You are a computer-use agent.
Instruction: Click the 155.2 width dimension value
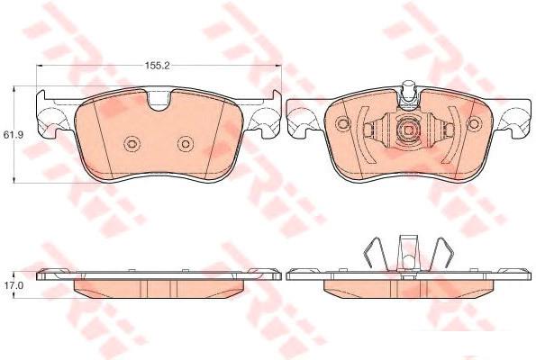[x=158, y=66]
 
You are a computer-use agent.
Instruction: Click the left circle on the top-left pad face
[x=132, y=144]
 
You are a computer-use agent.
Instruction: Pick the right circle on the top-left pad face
[x=186, y=144]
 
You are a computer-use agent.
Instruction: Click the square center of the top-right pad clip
[x=408, y=130]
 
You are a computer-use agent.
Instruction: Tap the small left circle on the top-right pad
[x=343, y=123]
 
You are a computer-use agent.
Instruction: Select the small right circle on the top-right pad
[x=474, y=123]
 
